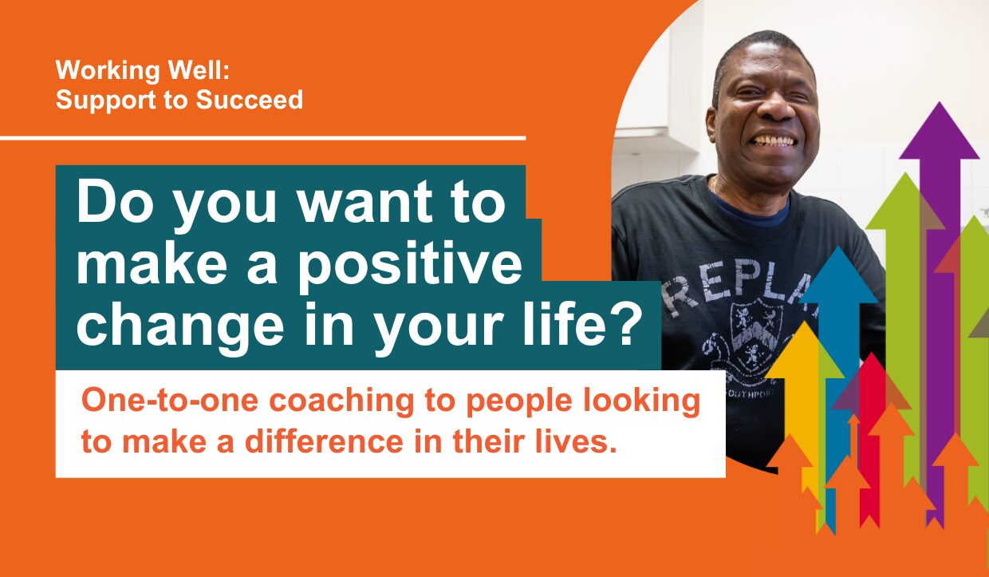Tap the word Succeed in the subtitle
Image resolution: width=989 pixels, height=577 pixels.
click(x=250, y=100)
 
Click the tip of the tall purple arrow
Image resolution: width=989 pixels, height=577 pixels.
click(x=939, y=102)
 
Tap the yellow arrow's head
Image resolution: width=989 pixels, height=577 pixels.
click(x=806, y=349)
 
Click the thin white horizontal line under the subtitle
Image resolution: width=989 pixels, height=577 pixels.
click(x=262, y=138)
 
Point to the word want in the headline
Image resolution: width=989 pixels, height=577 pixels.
click(x=364, y=204)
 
